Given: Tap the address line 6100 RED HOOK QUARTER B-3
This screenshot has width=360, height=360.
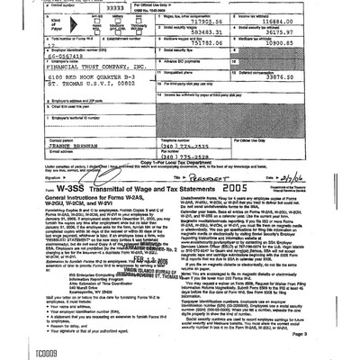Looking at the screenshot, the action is (85, 108).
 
